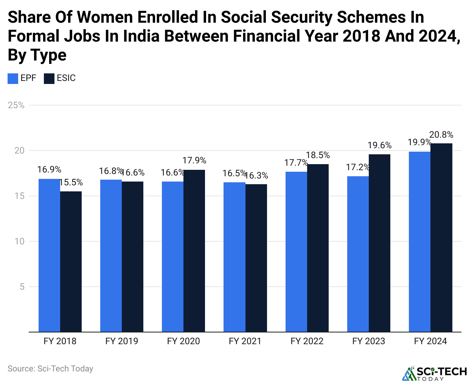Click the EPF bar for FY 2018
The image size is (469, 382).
[49, 255]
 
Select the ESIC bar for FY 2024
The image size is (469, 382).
[441, 238]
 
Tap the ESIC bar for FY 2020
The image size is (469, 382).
[194, 251]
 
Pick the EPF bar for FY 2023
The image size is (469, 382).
[358, 254]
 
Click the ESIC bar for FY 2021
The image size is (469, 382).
[256, 258]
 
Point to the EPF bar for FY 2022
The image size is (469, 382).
[296, 252]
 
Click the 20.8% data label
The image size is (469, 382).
[441, 135]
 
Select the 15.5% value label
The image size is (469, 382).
[71, 183]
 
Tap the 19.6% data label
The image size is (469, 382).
[379, 146]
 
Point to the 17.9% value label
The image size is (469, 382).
[194, 161]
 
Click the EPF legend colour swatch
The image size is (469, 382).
[13, 78]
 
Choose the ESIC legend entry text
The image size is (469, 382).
[66, 78]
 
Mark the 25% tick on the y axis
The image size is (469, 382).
[16, 105]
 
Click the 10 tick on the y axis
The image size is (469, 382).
[19, 241]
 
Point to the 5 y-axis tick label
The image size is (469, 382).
[22, 287]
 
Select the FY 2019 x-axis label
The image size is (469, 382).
[122, 341]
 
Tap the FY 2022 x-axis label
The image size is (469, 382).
[307, 341]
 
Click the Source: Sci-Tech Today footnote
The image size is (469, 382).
[50, 369]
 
